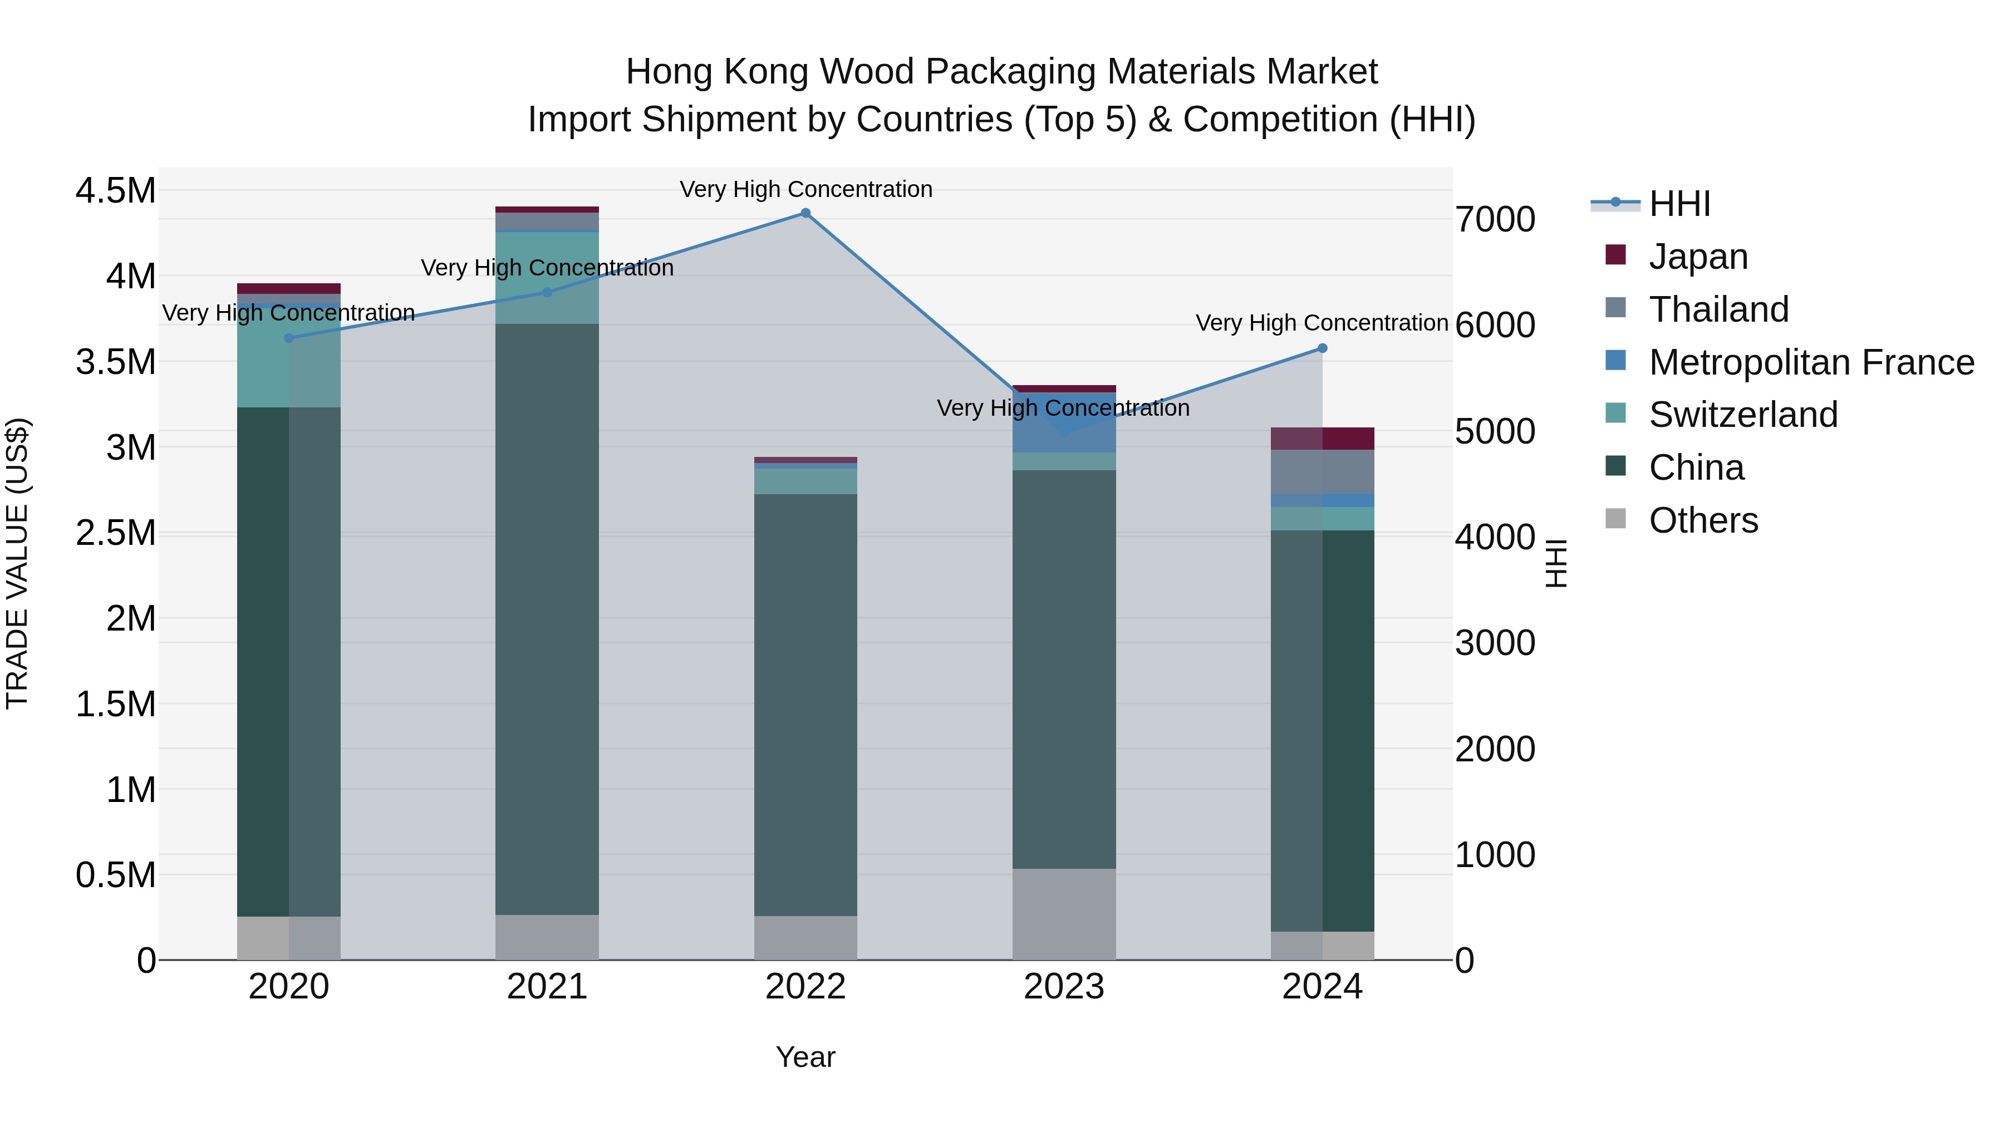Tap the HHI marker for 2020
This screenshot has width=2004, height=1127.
(288, 338)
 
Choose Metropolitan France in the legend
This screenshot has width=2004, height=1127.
(1810, 362)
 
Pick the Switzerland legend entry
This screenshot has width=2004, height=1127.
(1742, 415)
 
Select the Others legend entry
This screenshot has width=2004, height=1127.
(1703, 520)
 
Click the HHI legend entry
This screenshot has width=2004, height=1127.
(1679, 204)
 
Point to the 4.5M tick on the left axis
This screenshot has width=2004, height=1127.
(115, 190)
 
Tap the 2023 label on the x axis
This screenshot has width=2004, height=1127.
(1063, 987)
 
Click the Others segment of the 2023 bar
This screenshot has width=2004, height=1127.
(1063, 914)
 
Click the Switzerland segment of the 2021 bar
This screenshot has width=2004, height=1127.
(547, 278)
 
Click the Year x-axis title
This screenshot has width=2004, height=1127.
(805, 1057)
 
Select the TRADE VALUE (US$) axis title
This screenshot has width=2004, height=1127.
(17, 563)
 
